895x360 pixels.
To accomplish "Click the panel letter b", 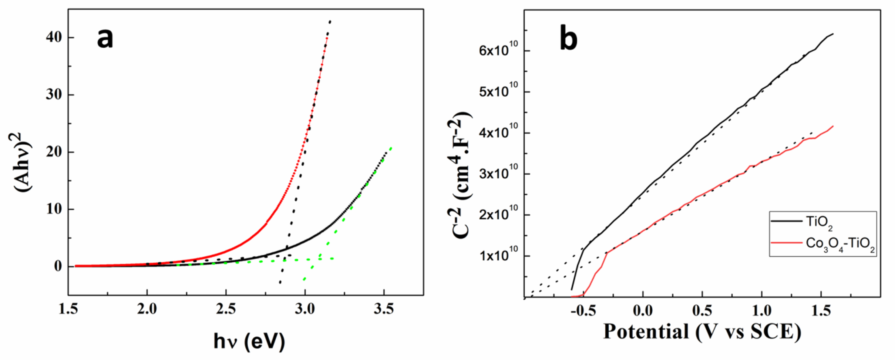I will tap(569, 39).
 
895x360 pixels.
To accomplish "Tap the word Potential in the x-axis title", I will tap(646, 331).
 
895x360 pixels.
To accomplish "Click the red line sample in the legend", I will tap(786, 243).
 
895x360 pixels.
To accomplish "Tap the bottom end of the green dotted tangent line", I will tap(305, 279).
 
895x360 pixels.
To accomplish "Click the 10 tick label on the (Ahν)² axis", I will tap(55, 210).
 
